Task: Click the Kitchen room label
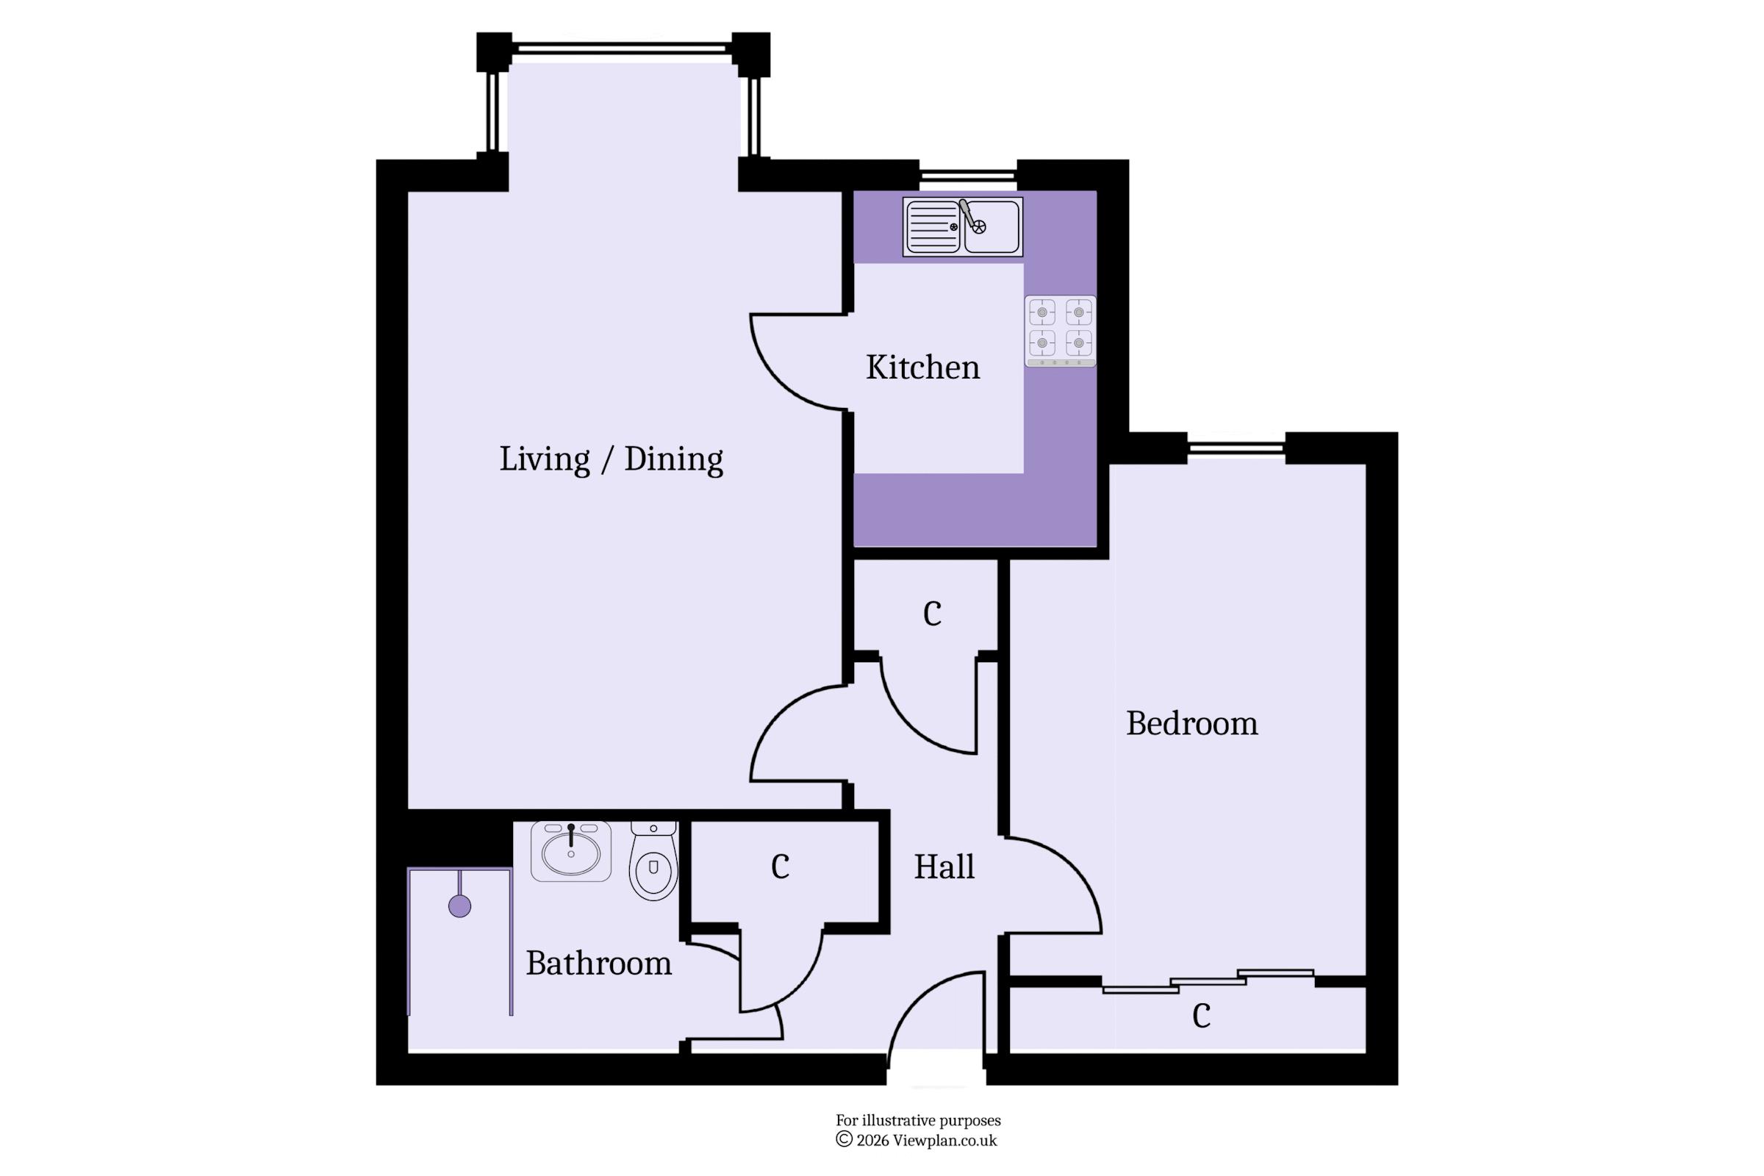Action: click(x=922, y=367)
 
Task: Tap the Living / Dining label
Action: click(x=612, y=459)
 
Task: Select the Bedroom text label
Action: click(x=1191, y=724)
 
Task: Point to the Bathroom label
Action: click(x=598, y=963)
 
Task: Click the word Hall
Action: click(x=944, y=867)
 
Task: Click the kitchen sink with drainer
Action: click(x=963, y=226)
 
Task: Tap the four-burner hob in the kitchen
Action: click(x=1061, y=331)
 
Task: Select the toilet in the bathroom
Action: click(x=653, y=860)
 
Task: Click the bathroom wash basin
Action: click(x=571, y=851)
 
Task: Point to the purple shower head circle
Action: click(x=460, y=907)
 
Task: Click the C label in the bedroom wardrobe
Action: click(x=1202, y=1017)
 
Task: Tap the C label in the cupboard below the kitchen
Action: click(x=932, y=614)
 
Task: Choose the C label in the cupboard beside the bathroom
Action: click(x=780, y=867)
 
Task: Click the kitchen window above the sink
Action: click(x=968, y=176)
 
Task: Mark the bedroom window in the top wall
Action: click(x=1237, y=448)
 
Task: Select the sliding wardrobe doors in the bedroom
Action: click(x=1208, y=982)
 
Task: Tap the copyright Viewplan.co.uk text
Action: click(x=917, y=1141)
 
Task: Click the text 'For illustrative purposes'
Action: click(x=918, y=1120)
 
